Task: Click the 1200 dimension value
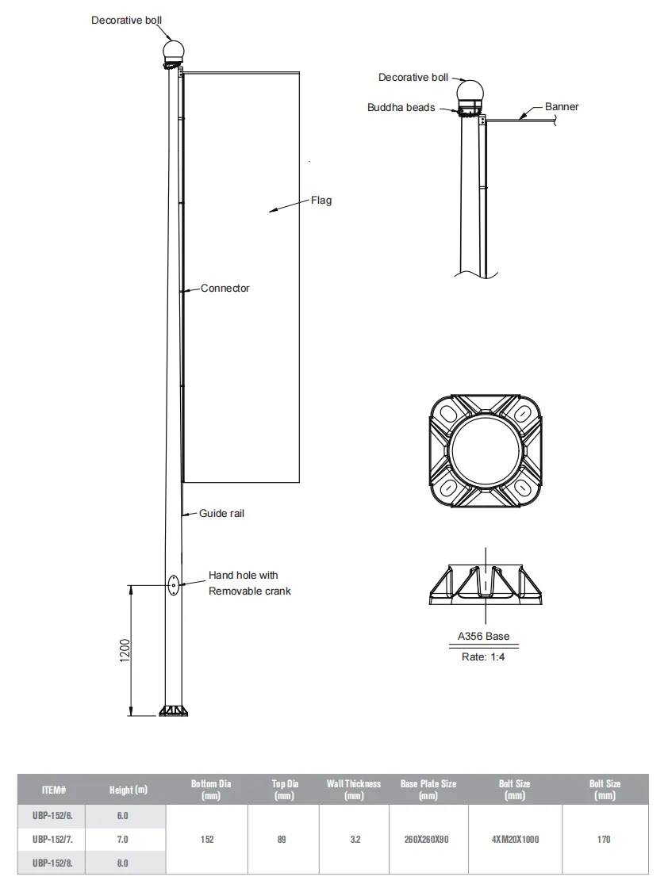tap(125, 651)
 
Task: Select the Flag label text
tap(321, 201)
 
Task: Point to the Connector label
tap(225, 289)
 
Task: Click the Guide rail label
tap(221, 514)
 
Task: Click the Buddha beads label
tap(401, 108)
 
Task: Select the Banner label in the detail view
tap(562, 107)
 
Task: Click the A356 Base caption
tap(484, 637)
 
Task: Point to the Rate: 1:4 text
tap(483, 657)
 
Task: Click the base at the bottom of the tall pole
tap(173, 710)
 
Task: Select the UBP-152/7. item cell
tap(53, 839)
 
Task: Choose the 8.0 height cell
tap(123, 863)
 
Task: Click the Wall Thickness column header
tap(354, 790)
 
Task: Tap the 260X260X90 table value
tap(428, 839)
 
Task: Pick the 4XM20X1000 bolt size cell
tap(515, 839)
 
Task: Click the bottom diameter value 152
tap(207, 839)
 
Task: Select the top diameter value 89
tap(282, 839)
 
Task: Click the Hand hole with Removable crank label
tap(249, 584)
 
